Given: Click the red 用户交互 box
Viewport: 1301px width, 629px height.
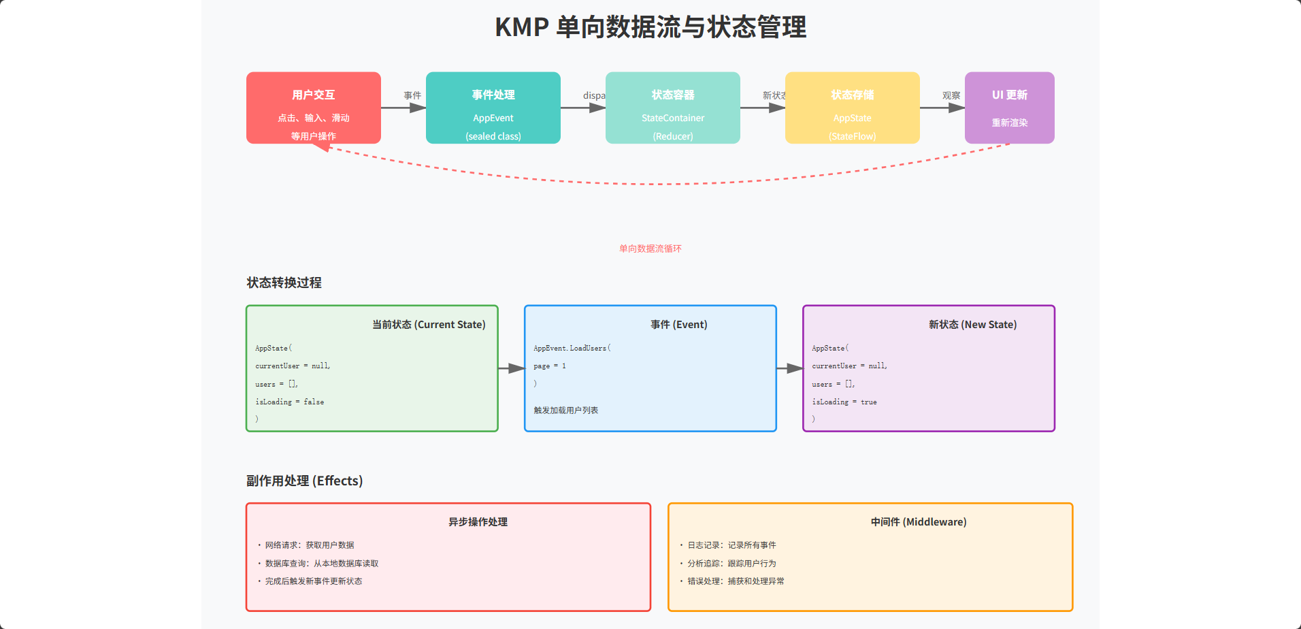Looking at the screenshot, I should tap(313, 108).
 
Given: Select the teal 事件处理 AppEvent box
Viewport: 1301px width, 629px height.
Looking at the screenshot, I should tap(493, 108).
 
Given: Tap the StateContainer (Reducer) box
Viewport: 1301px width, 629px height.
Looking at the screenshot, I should tap(672, 108).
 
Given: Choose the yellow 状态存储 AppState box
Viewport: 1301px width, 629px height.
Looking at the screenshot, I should tap(852, 108).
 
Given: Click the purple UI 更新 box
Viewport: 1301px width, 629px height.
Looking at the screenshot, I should tap(1009, 108).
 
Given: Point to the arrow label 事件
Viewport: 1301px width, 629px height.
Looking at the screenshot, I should tap(412, 96).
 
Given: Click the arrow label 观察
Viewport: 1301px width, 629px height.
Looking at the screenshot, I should tap(951, 96).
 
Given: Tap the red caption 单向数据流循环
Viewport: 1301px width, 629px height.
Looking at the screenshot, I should tap(650, 249).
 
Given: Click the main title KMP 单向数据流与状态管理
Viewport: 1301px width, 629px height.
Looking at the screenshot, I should tap(650, 27).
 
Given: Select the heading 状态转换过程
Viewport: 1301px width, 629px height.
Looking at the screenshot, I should tap(284, 283).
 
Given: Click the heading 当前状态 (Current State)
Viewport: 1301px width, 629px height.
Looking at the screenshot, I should tap(429, 325).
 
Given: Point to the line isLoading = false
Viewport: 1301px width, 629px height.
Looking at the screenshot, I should tap(290, 402).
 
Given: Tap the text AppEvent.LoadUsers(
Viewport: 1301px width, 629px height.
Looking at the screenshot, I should tap(572, 349).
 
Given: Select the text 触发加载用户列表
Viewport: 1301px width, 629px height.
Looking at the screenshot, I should tap(566, 410).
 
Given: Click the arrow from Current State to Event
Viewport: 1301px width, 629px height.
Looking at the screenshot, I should tap(511, 368).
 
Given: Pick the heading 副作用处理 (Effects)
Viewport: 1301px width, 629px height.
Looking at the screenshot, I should tap(304, 481).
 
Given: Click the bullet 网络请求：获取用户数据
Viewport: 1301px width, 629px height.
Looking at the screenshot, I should tap(310, 545).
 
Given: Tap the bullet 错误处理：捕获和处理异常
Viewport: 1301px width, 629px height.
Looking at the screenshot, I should tap(736, 581).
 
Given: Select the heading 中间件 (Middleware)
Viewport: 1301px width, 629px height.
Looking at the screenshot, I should tap(919, 522).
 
